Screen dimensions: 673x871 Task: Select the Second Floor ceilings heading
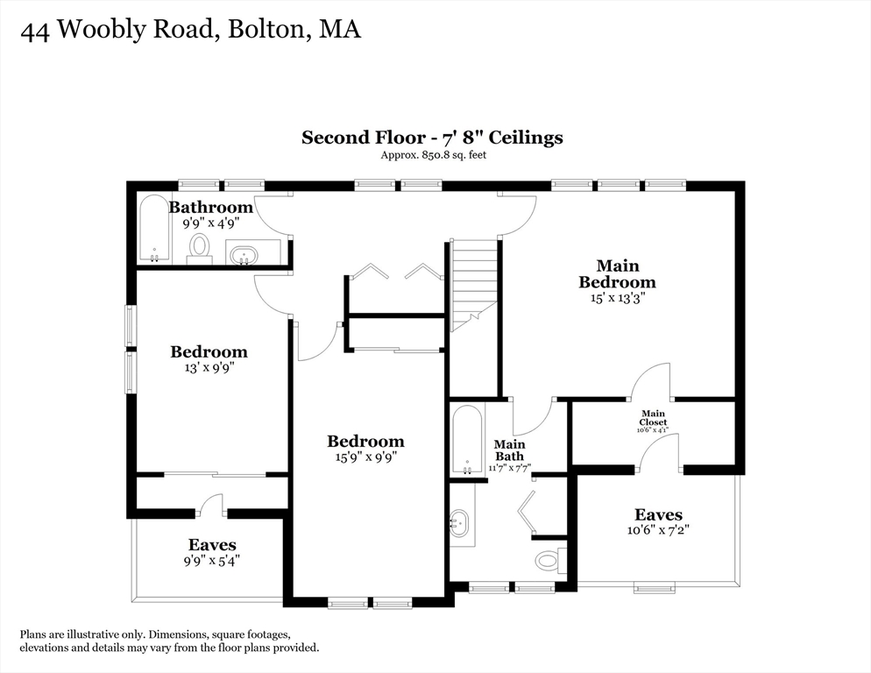tap(432, 138)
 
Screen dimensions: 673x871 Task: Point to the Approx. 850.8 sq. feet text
tap(433, 155)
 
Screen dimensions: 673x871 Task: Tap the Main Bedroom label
tap(617, 273)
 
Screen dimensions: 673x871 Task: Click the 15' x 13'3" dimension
tap(617, 298)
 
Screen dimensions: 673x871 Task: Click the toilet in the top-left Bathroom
tap(200, 247)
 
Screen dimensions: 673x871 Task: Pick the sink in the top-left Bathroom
tap(242, 255)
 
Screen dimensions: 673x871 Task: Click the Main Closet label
tap(653, 418)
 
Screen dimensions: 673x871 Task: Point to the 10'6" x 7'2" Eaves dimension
tap(658, 531)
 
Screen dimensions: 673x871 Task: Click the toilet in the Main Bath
tap(549, 559)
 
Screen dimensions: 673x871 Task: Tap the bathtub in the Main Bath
tap(466, 440)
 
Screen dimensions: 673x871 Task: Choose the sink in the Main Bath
tap(459, 525)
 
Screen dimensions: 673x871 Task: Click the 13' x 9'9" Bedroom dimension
tap(209, 367)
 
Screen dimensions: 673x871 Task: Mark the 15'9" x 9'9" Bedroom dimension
tap(365, 457)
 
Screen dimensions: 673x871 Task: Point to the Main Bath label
tap(509, 450)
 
